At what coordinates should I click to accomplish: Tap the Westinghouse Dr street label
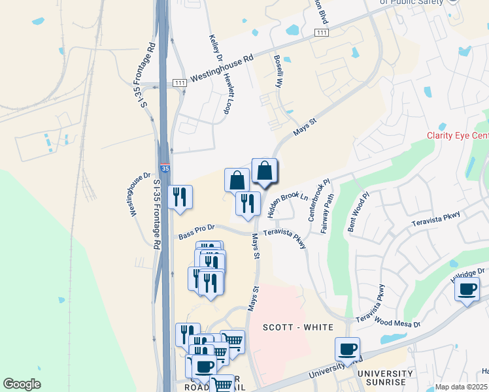[x=139, y=195]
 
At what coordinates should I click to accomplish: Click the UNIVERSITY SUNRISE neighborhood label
[x=385, y=378]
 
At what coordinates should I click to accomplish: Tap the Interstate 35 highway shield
[x=165, y=169]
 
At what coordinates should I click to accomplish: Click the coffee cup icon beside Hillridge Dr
[x=467, y=289]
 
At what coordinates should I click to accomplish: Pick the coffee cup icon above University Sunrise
[x=347, y=350]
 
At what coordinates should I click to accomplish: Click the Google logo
[x=22, y=384]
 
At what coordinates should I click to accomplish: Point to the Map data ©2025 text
[x=461, y=387]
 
